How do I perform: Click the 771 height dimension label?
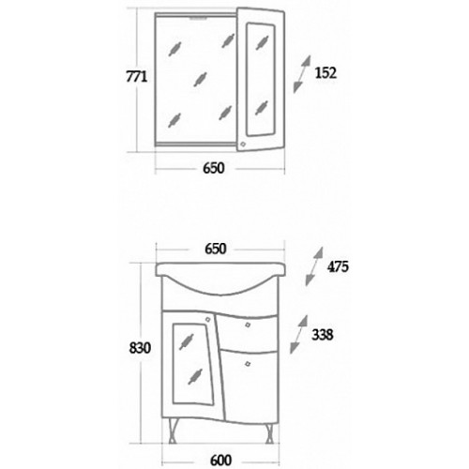click(x=136, y=76)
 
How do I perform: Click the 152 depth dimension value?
click(x=325, y=73)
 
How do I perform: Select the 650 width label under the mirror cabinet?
click(x=214, y=168)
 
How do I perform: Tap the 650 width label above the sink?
click(x=216, y=249)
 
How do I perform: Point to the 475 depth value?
click(x=338, y=266)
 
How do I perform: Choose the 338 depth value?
click(x=323, y=335)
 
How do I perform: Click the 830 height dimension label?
click(x=140, y=348)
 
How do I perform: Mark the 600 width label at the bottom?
click(x=220, y=461)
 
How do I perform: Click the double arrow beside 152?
click(x=302, y=74)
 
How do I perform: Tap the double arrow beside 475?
click(x=314, y=266)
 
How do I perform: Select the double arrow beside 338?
click(x=299, y=334)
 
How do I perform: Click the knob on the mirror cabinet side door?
click(x=243, y=144)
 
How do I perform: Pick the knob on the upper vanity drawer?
click(x=248, y=325)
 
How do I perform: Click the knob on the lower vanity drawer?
click(x=248, y=364)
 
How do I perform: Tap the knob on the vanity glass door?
click(x=207, y=319)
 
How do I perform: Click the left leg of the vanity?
click(x=172, y=431)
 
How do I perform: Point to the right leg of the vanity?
click(x=270, y=431)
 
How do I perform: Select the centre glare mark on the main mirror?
click(x=200, y=79)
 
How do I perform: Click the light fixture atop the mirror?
click(x=197, y=19)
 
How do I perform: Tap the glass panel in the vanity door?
click(x=192, y=364)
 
